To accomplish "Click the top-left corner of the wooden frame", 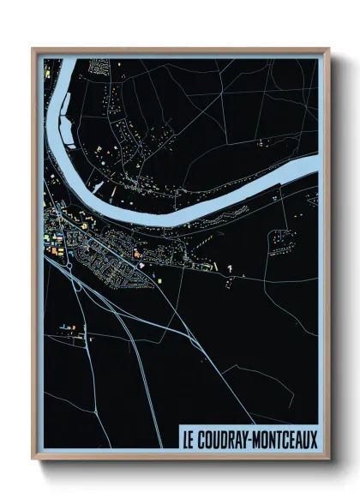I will [x=33, y=50].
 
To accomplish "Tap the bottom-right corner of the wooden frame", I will [x=328, y=458].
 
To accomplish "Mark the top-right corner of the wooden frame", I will [x=328, y=50].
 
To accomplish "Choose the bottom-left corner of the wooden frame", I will [x=33, y=458].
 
